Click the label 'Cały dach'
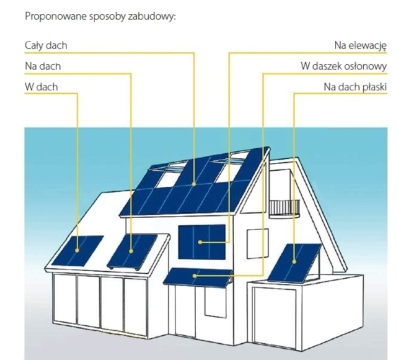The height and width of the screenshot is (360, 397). coord(46,45)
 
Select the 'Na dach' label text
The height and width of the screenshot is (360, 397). coord(43,66)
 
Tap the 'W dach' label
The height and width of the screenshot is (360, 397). coord(42,87)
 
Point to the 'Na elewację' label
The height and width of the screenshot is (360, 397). coord(360,46)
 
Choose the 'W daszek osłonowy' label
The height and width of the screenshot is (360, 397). coord(344,66)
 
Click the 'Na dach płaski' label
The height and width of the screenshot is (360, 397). coord(355,87)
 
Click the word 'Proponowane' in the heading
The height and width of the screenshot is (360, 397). coord(56,16)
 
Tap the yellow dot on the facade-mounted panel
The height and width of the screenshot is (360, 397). coord(200,242)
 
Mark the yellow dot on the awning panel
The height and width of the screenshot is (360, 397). coord(195,275)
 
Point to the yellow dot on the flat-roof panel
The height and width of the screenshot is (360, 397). coord(294,262)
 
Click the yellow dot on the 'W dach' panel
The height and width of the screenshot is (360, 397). coord(78,250)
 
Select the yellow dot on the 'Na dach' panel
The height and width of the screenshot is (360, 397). coord(131,251)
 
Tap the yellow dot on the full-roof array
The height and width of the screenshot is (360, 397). coord(194,184)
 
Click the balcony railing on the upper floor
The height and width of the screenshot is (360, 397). coord(284,208)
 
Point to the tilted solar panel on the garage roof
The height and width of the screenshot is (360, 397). coord(294,263)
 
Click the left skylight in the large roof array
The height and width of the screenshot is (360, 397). coord(170,175)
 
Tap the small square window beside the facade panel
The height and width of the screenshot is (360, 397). coord(257,244)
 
